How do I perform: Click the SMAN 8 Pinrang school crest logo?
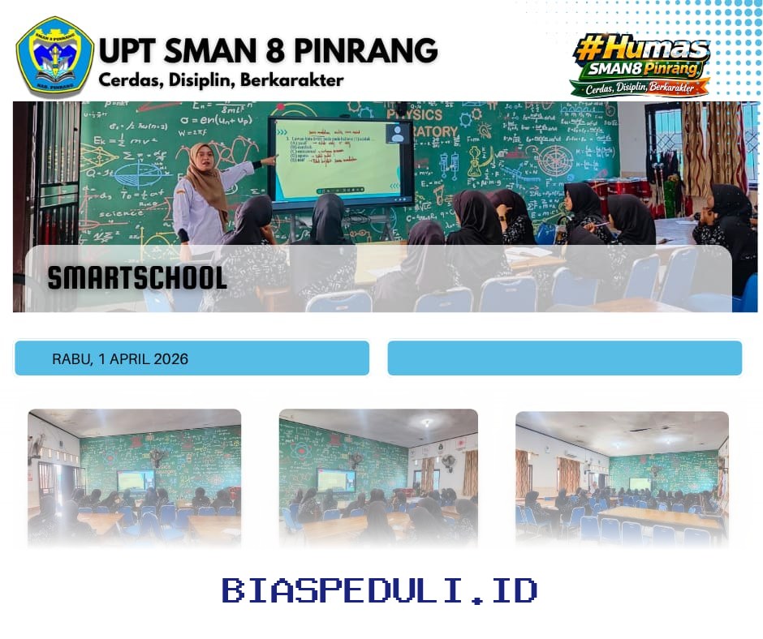tap(54, 56)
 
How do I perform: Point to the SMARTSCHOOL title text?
tap(137, 277)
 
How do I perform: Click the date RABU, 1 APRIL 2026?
tap(120, 358)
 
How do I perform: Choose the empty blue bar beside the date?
tap(564, 358)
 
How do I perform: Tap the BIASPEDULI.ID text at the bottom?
tap(380, 590)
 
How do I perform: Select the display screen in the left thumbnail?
tap(135, 481)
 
